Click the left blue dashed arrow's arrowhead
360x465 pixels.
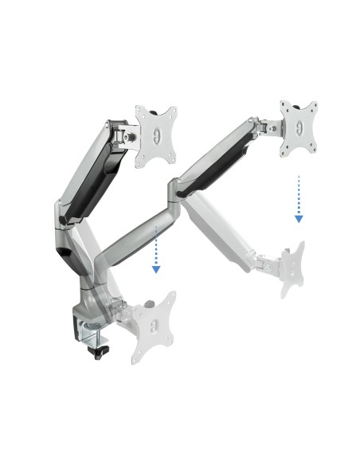click(x=156, y=268)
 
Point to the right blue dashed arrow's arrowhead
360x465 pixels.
click(x=298, y=217)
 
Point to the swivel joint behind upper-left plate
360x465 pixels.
click(x=125, y=134)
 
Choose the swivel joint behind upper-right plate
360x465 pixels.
click(x=266, y=125)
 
